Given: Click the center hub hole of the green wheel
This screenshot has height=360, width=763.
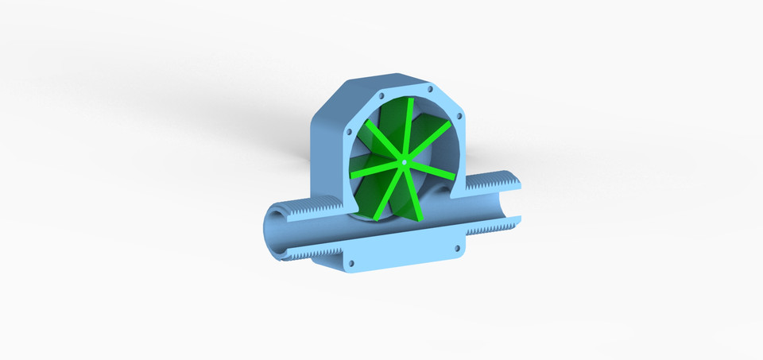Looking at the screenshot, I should tap(405, 163).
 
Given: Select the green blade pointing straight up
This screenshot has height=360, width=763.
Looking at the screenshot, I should tap(408, 127).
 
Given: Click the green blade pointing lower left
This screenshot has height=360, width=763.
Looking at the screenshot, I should tap(388, 195).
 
